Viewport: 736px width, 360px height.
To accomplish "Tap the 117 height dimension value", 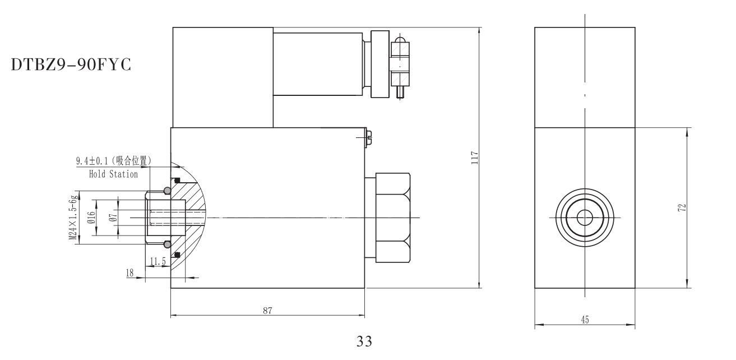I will click(x=474, y=157).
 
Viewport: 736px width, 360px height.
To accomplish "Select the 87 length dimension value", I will click(x=267, y=310).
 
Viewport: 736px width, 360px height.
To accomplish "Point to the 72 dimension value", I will click(x=681, y=207).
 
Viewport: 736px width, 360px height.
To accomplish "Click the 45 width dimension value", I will click(x=584, y=319).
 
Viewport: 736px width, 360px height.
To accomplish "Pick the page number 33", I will click(x=364, y=341).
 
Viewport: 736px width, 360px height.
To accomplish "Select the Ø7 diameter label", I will click(x=113, y=218).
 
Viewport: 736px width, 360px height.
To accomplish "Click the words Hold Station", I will click(x=113, y=174).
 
